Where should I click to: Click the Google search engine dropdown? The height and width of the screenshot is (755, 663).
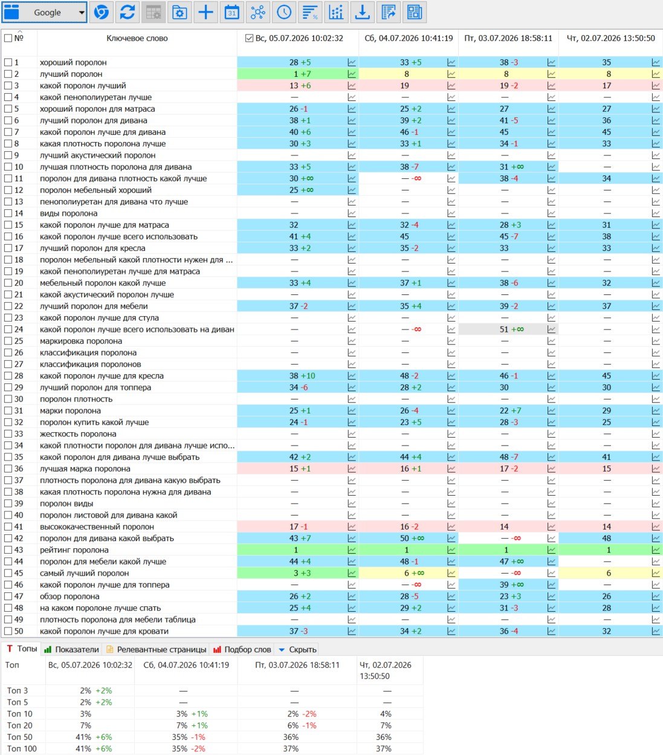click(x=44, y=12)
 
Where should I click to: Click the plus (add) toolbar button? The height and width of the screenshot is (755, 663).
click(x=205, y=12)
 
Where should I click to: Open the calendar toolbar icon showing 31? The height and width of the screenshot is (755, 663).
click(x=232, y=12)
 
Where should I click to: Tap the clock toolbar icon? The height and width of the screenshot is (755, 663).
click(x=284, y=12)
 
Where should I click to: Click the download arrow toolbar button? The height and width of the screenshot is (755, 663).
click(x=362, y=12)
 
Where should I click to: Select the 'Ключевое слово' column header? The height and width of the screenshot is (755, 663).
click(x=137, y=38)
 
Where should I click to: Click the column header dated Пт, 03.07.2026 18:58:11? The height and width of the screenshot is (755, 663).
click(x=508, y=38)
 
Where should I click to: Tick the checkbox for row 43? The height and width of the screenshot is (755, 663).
click(x=8, y=549)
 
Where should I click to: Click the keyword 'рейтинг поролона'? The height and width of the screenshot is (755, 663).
click(x=74, y=549)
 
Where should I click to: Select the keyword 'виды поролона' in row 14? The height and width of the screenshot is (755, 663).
click(x=68, y=213)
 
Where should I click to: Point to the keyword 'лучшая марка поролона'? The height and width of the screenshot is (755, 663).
click(x=85, y=468)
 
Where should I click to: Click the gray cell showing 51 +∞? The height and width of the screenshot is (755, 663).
click(x=508, y=329)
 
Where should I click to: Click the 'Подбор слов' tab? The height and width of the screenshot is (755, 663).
click(x=242, y=649)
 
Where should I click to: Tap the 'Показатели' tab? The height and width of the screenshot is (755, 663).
click(x=71, y=649)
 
